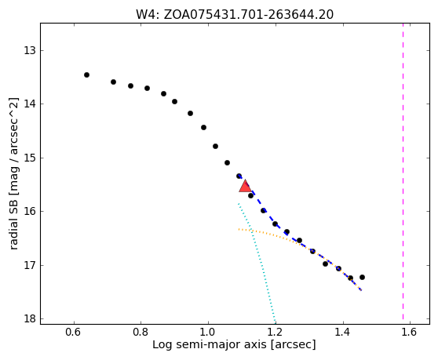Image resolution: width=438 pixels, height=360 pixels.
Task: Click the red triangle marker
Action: click(x=245, y=186)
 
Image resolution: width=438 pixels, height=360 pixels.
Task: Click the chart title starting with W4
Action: click(x=235, y=15)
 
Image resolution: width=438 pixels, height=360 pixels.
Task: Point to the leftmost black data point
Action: click(x=86, y=75)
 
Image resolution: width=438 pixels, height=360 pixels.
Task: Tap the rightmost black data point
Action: click(x=362, y=277)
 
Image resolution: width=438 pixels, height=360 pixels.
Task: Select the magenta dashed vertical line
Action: click(x=403, y=171)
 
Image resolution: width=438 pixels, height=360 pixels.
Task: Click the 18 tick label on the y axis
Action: click(x=30, y=318)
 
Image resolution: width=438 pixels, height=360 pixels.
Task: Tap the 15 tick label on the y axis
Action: click(x=30, y=158)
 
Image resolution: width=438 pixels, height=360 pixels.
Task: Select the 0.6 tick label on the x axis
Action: click(x=74, y=332)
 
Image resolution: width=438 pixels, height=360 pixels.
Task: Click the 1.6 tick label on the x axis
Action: click(x=410, y=332)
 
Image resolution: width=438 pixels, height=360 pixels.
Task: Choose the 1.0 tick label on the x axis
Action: click(x=208, y=332)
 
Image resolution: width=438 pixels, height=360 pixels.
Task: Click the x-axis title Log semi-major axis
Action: click(x=234, y=344)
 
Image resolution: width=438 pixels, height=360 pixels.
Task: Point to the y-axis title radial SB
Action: click(x=13, y=173)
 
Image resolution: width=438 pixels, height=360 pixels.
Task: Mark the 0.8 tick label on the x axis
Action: click(x=141, y=332)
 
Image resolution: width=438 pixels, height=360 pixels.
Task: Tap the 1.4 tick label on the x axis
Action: click(x=343, y=332)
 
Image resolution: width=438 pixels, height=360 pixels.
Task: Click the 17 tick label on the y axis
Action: click(x=30, y=265)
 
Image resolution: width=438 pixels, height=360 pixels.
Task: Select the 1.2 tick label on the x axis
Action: click(x=276, y=332)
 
